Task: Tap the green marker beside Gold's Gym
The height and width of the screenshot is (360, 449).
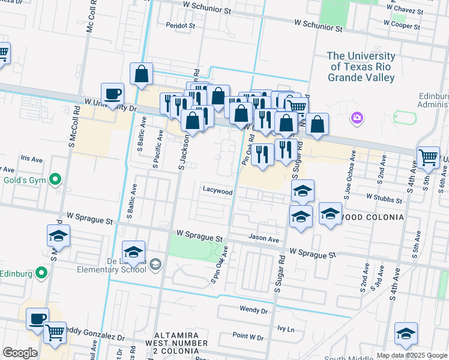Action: click(x=55, y=179)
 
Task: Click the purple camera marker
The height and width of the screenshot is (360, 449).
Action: click(x=358, y=117)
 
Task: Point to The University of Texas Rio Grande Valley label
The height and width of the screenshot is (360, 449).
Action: click(x=361, y=67)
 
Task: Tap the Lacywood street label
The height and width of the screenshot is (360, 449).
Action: click(x=217, y=191)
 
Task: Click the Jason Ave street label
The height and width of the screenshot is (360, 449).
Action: click(x=264, y=239)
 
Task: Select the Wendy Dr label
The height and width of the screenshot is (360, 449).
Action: click(x=253, y=310)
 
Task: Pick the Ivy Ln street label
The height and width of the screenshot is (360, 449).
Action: click(x=286, y=329)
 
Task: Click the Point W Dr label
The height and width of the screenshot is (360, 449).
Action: click(x=249, y=337)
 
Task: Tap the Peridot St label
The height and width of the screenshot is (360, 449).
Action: click(x=181, y=26)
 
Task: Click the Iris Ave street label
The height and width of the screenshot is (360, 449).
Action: click(x=32, y=159)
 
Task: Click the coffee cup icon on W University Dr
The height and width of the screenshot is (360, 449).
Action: click(x=112, y=94)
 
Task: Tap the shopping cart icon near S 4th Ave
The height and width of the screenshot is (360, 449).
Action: click(x=428, y=158)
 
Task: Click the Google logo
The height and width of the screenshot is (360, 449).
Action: click(x=20, y=353)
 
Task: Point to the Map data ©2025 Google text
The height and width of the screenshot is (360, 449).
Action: click(x=412, y=355)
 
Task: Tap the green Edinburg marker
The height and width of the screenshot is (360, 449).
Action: click(x=41, y=274)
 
